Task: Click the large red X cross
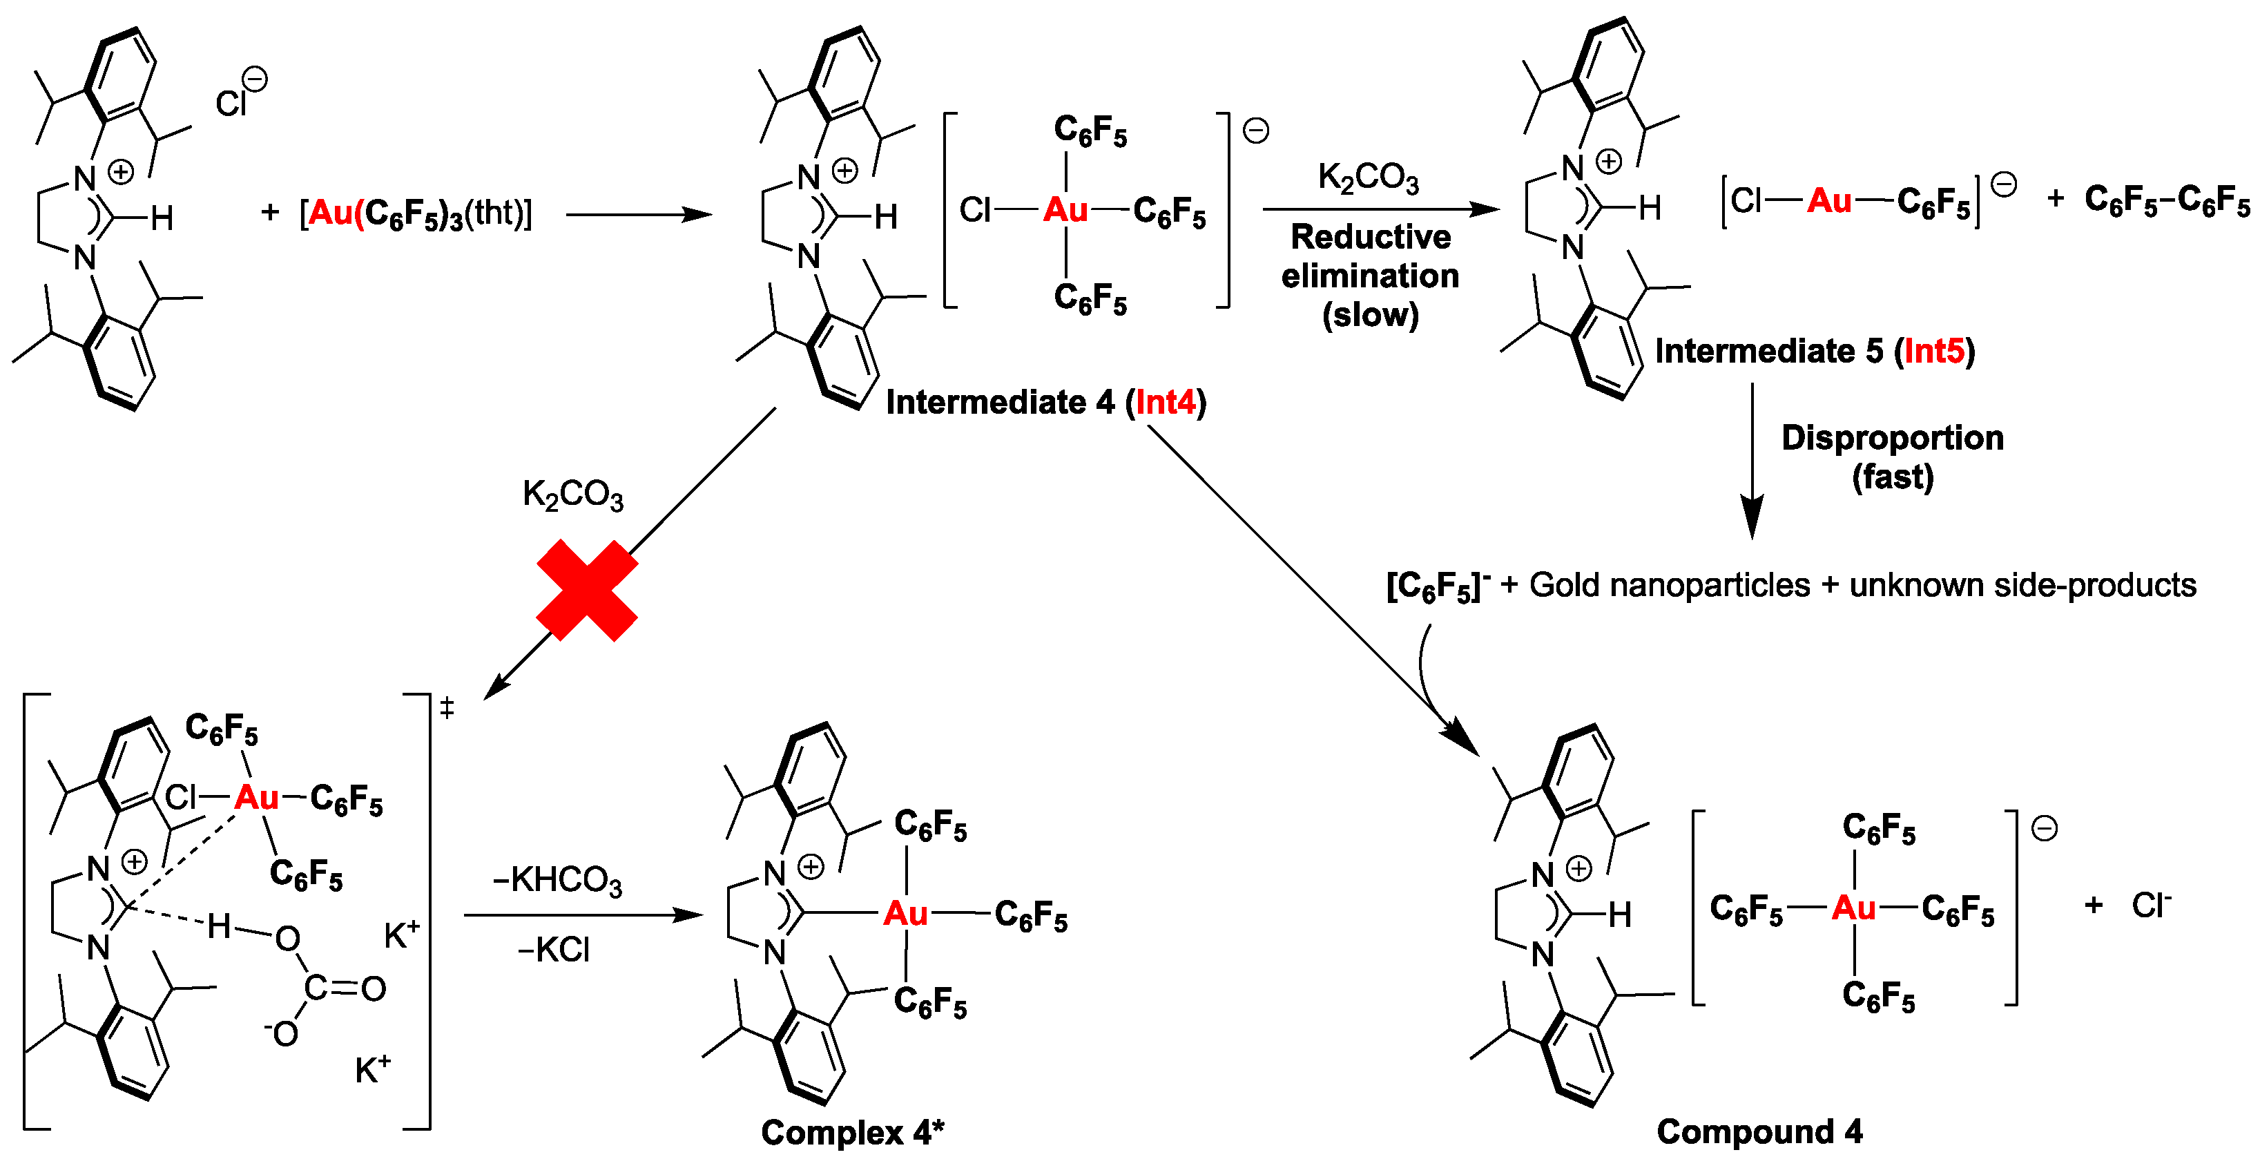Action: pyautogui.click(x=586, y=590)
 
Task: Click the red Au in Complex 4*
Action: pyautogui.click(x=905, y=914)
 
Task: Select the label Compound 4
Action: pyautogui.click(x=1759, y=1131)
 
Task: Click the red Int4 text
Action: pyautogui.click(x=1166, y=402)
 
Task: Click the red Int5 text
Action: pyautogui.click(x=1933, y=351)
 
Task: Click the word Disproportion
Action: pyautogui.click(x=1893, y=437)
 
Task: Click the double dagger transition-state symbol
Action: pyautogui.click(x=447, y=707)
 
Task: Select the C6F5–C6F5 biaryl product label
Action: pyautogui.click(x=2166, y=200)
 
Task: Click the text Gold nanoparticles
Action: pyautogui.click(x=1669, y=584)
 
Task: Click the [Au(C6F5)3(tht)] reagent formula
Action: pyautogui.click(x=415, y=213)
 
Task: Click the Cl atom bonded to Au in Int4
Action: pyautogui.click(x=974, y=210)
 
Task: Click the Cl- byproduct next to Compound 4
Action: pyautogui.click(x=2151, y=905)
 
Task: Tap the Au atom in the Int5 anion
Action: pyautogui.click(x=1828, y=201)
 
